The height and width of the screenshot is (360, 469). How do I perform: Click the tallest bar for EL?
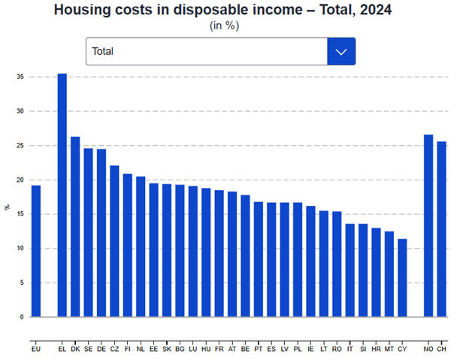[x=62, y=195]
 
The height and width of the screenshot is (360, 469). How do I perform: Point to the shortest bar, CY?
[x=402, y=278]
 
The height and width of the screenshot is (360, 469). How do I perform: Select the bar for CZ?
[x=114, y=241]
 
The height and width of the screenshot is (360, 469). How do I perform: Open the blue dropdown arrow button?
[x=341, y=52]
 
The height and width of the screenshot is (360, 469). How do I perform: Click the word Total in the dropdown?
[x=103, y=52]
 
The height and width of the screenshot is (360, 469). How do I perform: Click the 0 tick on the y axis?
[x=22, y=317]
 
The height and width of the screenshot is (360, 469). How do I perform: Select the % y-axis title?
[x=8, y=207]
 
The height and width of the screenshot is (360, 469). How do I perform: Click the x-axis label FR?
[x=219, y=349]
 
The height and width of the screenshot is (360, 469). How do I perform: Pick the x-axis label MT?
[x=389, y=349]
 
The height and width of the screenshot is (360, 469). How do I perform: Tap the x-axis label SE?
[x=88, y=349]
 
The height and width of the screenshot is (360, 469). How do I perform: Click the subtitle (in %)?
[x=224, y=26]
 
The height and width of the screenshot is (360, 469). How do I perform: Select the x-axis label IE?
[x=310, y=349]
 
